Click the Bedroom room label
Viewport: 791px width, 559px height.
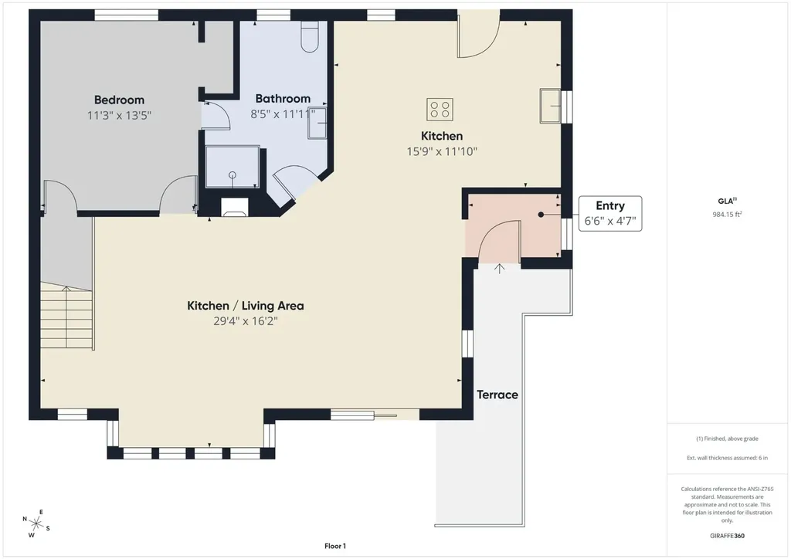click(x=119, y=100)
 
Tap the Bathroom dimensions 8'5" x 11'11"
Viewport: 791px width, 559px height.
click(x=283, y=114)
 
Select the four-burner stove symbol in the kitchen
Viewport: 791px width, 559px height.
click(x=440, y=110)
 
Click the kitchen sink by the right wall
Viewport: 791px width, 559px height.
click(x=550, y=105)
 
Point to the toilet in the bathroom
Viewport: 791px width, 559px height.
click(x=309, y=36)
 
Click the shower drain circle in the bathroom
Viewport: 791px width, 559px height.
click(x=233, y=175)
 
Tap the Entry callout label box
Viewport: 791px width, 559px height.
click(x=610, y=214)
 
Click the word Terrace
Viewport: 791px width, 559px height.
click(x=497, y=395)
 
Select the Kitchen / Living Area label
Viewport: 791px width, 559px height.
click(x=245, y=306)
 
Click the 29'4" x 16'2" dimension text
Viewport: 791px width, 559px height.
click(x=245, y=321)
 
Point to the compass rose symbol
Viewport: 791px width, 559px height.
click(x=36, y=523)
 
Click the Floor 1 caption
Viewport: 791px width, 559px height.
click(x=335, y=546)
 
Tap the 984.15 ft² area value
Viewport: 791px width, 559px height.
click(x=727, y=214)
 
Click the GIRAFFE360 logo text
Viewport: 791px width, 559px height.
click(x=727, y=536)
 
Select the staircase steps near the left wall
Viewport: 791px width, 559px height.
click(x=66, y=316)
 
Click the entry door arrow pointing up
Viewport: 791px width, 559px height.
click(x=500, y=269)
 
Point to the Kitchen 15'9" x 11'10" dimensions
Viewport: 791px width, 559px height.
click(x=442, y=151)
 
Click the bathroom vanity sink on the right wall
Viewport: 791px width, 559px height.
click(x=317, y=123)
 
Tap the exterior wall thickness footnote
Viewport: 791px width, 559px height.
click(x=727, y=458)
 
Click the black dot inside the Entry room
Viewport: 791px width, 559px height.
click(x=541, y=215)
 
